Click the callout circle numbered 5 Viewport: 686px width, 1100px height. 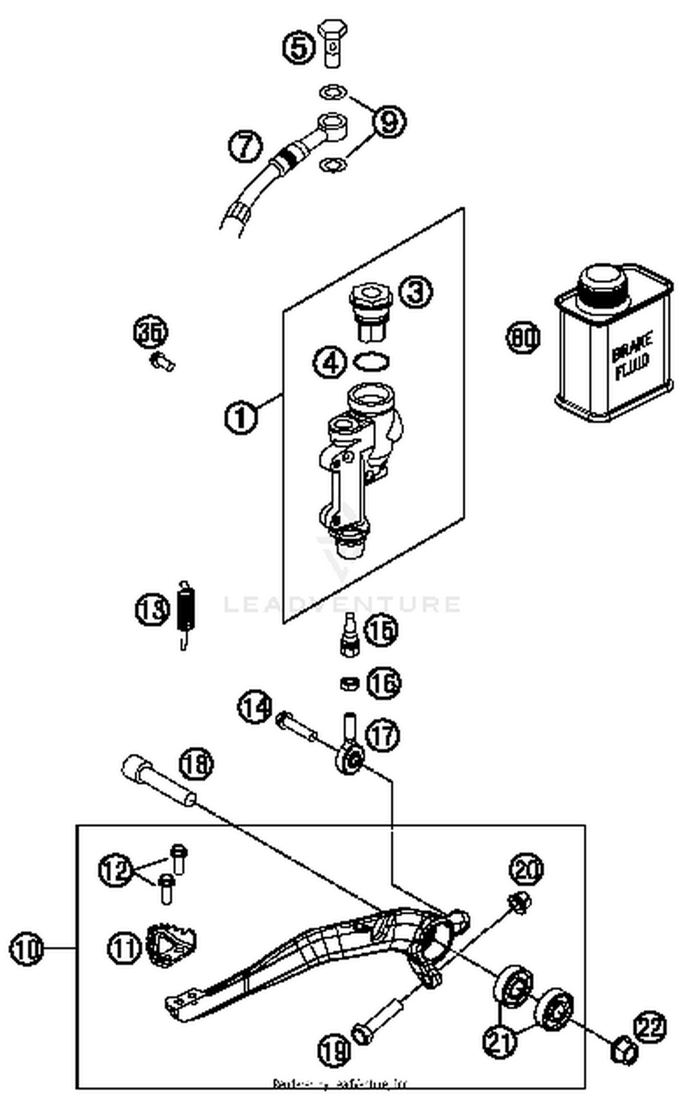coord(299,48)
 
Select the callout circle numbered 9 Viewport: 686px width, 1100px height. coord(389,121)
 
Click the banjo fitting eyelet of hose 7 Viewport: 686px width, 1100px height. coord(332,124)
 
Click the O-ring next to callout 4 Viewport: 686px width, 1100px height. coord(371,361)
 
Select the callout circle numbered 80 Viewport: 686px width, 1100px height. coord(523,338)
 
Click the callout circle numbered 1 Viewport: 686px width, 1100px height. coord(241,417)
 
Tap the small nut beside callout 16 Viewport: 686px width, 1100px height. coord(349,683)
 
